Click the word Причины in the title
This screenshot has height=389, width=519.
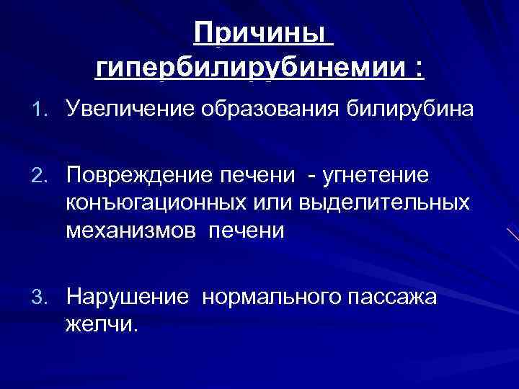[264, 33]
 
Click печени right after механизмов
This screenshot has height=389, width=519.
[246, 231]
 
